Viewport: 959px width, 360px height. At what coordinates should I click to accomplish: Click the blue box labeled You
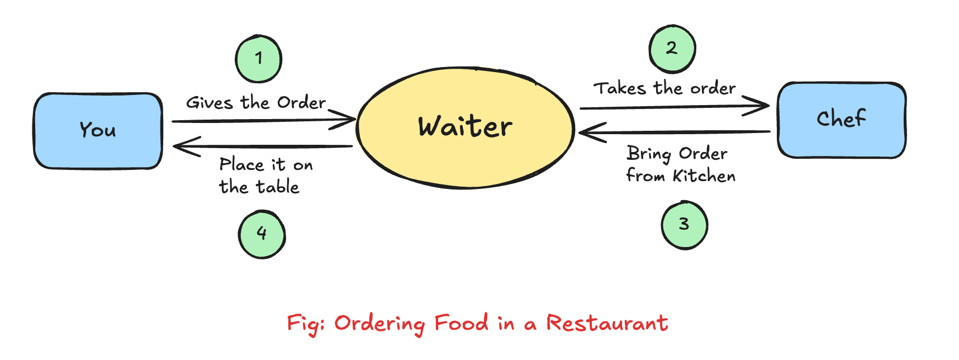click(98, 131)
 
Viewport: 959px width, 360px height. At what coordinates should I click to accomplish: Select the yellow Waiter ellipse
click(465, 127)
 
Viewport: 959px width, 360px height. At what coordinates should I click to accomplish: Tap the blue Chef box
click(841, 120)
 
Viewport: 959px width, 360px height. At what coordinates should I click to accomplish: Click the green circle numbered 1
click(258, 59)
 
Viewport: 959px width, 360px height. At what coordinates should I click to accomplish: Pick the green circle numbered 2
click(672, 49)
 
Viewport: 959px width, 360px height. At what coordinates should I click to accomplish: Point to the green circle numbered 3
click(684, 225)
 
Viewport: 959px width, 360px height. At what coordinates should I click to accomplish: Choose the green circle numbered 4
click(262, 234)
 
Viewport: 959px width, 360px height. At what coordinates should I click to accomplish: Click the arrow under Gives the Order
click(263, 120)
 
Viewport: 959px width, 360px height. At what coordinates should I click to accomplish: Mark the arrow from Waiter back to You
click(263, 146)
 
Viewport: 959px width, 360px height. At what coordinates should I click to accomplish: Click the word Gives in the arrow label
click(210, 103)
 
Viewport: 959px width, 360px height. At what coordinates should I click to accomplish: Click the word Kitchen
click(704, 176)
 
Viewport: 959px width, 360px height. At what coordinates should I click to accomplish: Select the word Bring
click(648, 154)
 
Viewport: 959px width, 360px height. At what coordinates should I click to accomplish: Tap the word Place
click(241, 165)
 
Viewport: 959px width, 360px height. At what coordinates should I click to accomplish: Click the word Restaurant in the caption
click(607, 323)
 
